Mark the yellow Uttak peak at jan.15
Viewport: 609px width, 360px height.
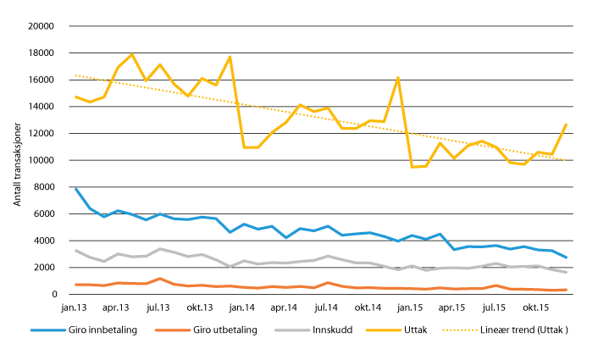[398, 78]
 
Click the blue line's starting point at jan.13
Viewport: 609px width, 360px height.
[76, 189]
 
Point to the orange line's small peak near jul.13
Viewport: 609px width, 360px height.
[159, 278]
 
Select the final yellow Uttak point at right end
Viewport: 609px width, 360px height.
[566, 125]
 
